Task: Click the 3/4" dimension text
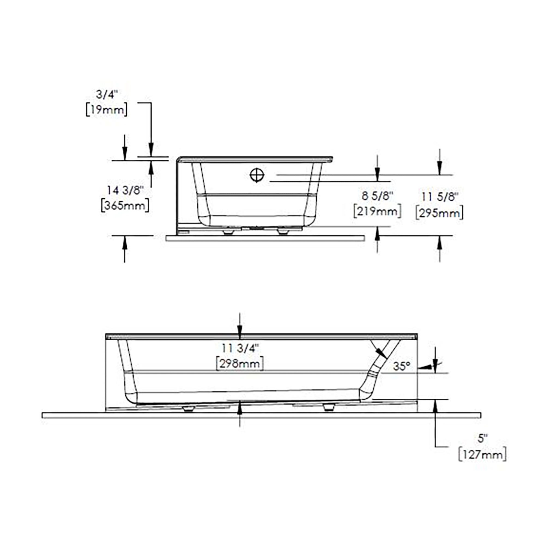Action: tap(107, 95)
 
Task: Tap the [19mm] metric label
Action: tap(107, 110)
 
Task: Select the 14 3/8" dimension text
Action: tap(125, 190)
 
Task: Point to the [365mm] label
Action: tap(125, 206)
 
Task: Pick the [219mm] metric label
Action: tap(377, 211)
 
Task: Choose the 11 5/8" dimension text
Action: tap(439, 197)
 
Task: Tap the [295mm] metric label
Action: tap(440, 213)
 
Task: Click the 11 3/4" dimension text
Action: tap(240, 349)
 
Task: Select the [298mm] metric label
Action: tap(240, 364)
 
